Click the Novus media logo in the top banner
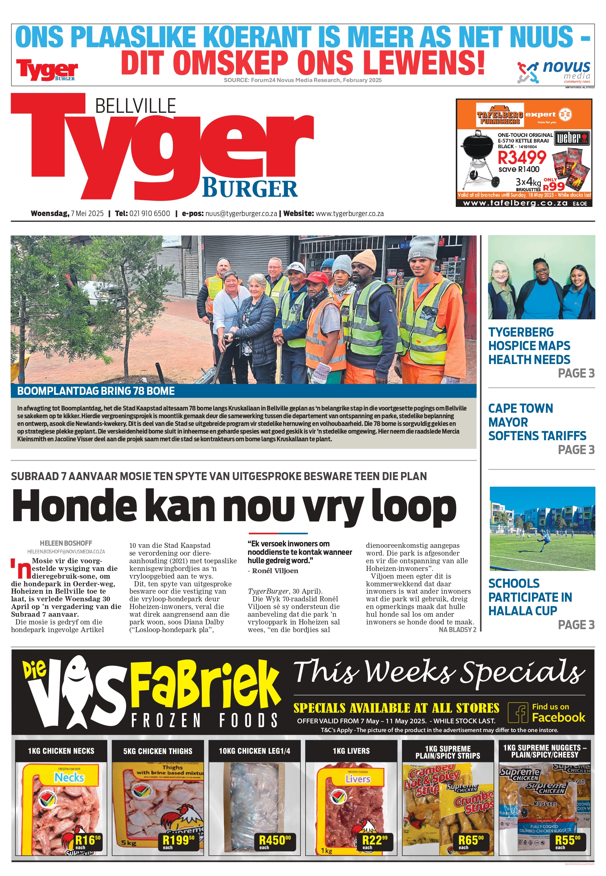pyautogui.click(x=554, y=72)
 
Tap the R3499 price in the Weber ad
pyautogui.click(x=521, y=157)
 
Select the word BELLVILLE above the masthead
pyautogui.click(x=135, y=106)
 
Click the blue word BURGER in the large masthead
pyautogui.click(x=250, y=189)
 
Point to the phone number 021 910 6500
pyautogui.click(x=149, y=214)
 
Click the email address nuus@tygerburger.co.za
pyautogui.click(x=241, y=214)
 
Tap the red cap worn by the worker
pyautogui.click(x=314, y=278)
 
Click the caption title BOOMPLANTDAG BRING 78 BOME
pyautogui.click(x=96, y=391)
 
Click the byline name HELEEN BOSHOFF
pyautogui.click(x=66, y=543)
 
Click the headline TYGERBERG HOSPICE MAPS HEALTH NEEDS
pyautogui.click(x=529, y=346)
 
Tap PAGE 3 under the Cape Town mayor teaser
pyautogui.click(x=576, y=450)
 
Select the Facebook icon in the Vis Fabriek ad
pyautogui.click(x=518, y=712)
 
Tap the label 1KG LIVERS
pyautogui.click(x=351, y=751)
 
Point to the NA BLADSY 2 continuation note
pyautogui.click(x=457, y=630)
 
